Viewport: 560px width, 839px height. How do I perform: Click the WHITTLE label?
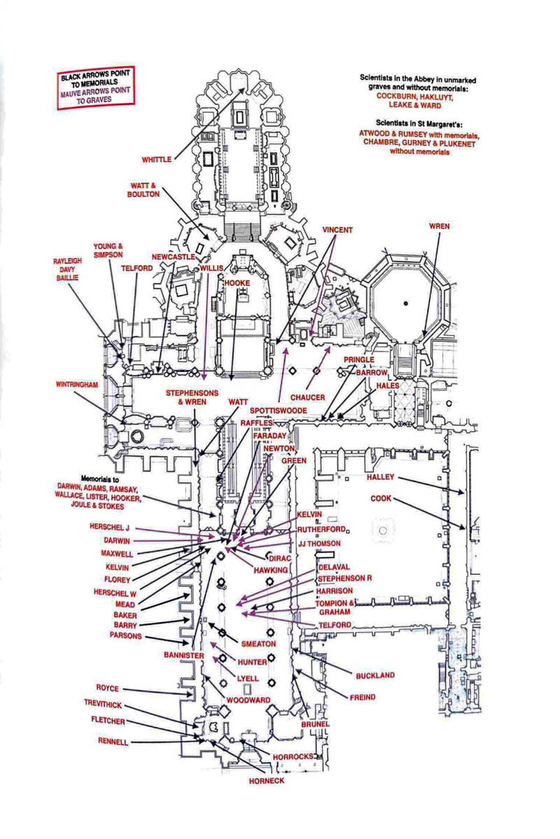[156, 160]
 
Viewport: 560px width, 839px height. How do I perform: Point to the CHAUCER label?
[308, 397]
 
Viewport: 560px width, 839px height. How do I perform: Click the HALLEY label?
[381, 478]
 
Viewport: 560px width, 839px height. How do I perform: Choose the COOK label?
[381, 499]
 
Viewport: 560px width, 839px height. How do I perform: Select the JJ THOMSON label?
[319, 543]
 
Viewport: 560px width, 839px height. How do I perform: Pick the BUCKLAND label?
[375, 675]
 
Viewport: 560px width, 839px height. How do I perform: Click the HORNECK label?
[267, 780]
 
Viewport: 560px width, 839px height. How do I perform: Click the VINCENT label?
[337, 230]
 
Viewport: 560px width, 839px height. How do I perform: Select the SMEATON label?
[258, 643]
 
